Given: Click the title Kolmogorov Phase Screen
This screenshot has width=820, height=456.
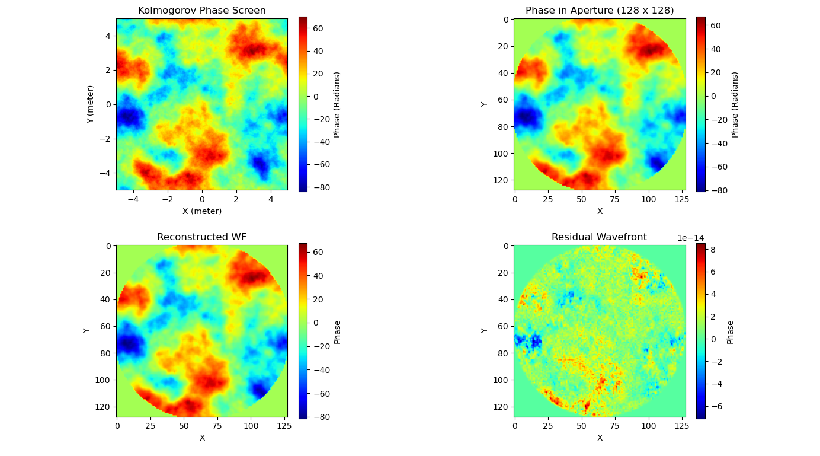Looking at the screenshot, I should [201, 11].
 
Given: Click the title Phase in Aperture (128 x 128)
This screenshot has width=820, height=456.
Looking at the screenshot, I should [600, 11].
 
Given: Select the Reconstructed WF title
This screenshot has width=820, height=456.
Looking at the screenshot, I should [201, 237].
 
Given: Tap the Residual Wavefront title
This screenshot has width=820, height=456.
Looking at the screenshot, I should [599, 237].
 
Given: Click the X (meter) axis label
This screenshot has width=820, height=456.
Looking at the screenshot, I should [201, 211].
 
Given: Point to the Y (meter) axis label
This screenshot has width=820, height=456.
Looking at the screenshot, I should [91, 104].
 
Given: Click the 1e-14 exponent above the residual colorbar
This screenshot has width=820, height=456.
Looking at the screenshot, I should [691, 238].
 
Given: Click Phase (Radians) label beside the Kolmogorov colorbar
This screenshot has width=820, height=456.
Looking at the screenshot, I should [337, 104].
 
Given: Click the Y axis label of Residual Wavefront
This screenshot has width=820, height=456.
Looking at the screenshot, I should [484, 330].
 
